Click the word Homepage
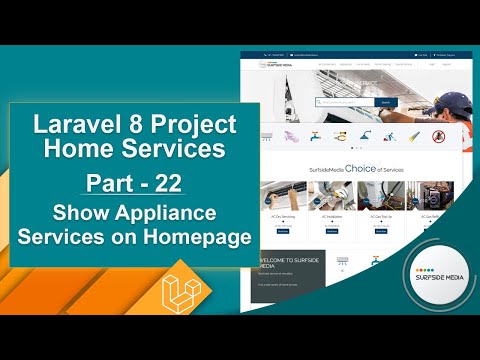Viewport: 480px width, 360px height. (197, 241)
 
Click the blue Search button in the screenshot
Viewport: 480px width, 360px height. (386, 101)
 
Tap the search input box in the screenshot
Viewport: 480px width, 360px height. (345, 101)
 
